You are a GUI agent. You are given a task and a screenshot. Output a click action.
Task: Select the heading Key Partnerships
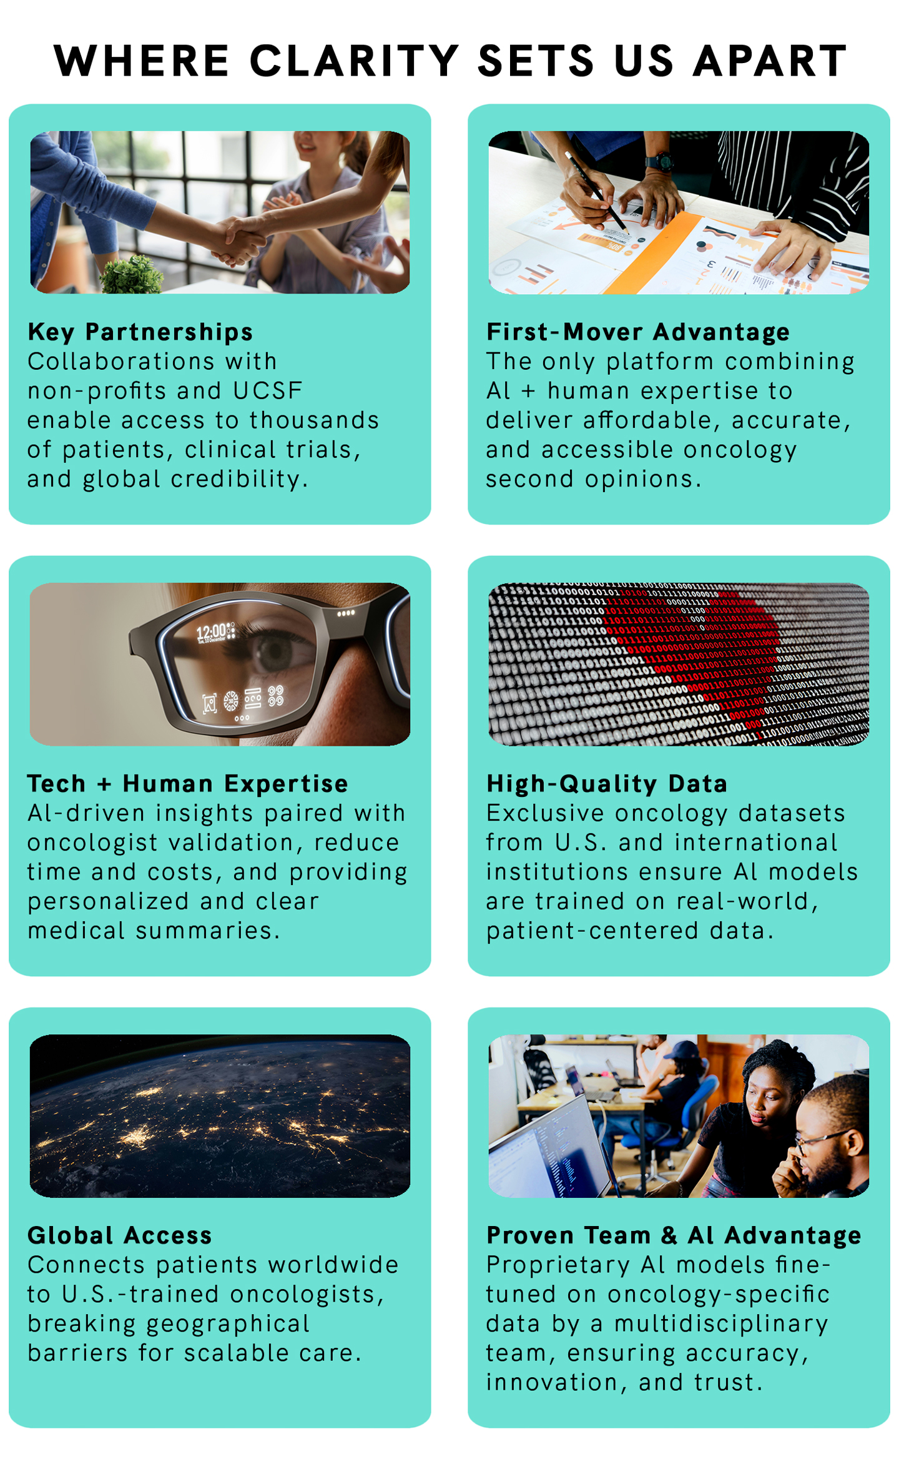pos(140,332)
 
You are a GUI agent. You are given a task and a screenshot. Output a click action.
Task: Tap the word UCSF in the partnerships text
pos(268,391)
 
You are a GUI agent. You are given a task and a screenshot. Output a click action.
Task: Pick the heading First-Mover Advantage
pos(638,332)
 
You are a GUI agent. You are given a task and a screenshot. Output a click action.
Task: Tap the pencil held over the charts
pos(596,193)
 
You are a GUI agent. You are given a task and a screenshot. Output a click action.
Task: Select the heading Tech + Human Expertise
pos(188,783)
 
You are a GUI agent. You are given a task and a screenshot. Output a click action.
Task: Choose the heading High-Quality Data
pos(607,783)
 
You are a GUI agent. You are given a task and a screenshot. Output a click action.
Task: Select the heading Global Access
pos(120,1235)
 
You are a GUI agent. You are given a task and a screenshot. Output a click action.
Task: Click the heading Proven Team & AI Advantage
pos(674,1235)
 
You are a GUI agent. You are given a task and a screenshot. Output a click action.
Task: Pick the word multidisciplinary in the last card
pos(721,1324)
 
